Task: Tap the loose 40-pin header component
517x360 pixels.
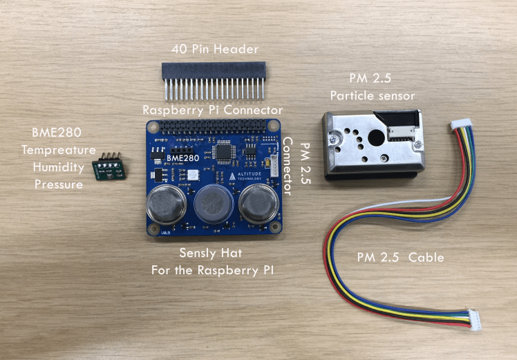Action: [x=213, y=79]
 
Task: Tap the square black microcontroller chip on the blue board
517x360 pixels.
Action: [x=225, y=151]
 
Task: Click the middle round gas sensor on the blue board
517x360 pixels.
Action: [x=212, y=203]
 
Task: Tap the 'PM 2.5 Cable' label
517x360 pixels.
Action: [x=400, y=258]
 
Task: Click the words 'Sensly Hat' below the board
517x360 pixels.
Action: [x=211, y=252]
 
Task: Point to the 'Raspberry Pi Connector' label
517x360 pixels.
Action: [x=212, y=110]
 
